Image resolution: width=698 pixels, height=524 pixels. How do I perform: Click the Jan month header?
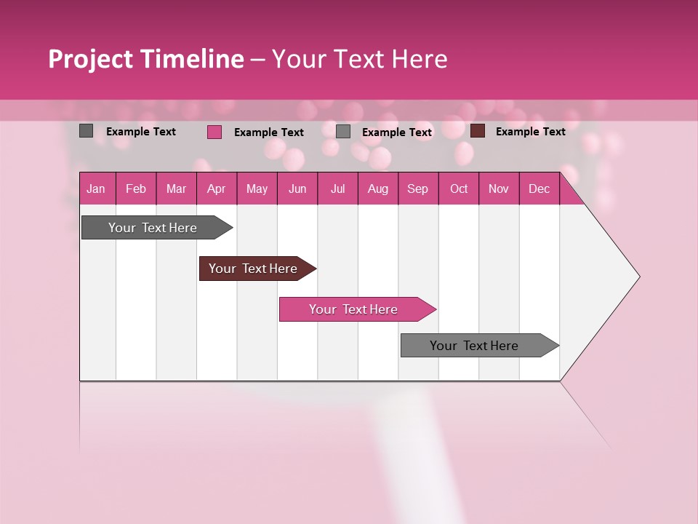[96, 188]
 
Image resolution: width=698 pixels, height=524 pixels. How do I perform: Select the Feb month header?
[136, 188]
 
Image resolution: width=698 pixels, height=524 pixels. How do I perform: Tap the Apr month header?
[216, 188]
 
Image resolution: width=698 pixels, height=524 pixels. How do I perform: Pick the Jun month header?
[297, 188]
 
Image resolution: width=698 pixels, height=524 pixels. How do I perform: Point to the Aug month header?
[377, 188]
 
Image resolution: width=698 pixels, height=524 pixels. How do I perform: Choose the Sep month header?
[417, 188]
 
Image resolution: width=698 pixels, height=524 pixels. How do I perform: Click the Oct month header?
[459, 188]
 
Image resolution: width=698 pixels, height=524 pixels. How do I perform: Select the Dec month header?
[539, 188]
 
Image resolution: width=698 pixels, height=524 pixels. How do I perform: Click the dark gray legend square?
[87, 131]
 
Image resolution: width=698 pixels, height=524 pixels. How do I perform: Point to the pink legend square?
[214, 132]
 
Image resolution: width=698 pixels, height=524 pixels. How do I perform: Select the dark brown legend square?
[478, 131]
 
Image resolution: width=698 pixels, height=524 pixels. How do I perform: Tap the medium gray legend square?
[343, 132]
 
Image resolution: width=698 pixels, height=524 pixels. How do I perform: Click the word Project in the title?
[91, 59]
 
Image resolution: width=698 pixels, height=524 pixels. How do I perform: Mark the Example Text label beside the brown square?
[530, 131]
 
